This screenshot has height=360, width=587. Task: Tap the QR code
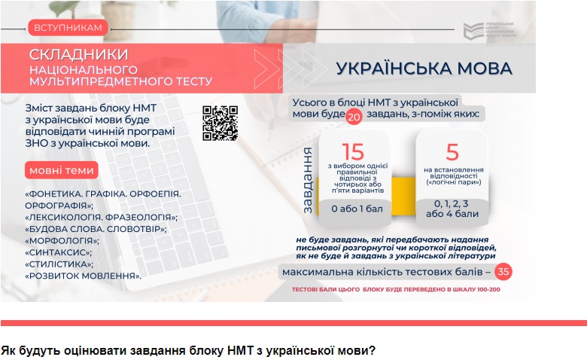pos(220,122)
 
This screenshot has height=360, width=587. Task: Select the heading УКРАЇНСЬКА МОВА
pos(424,69)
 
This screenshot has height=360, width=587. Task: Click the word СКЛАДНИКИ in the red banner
pos(78,54)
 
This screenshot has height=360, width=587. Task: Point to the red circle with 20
pos(354,117)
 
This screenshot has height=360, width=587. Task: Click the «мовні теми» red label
pos(62,170)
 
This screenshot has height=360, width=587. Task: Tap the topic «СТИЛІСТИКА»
pos(59,264)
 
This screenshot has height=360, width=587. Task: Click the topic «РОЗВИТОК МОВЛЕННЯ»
pos(83,276)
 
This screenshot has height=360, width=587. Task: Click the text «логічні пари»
pos(452,183)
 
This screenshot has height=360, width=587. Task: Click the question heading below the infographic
pos(188,351)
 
